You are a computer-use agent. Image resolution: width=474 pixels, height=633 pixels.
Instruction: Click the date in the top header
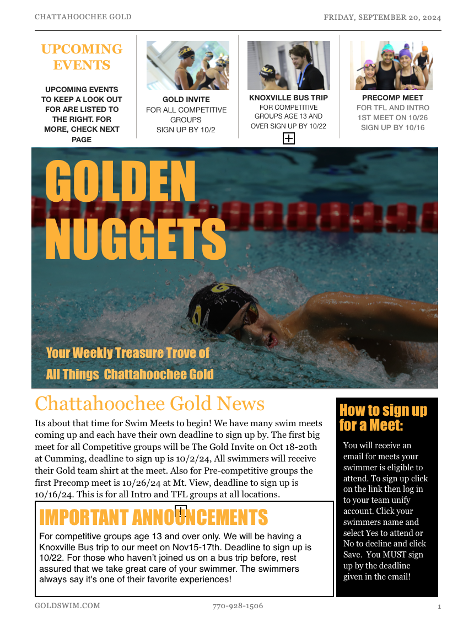click(x=382, y=17)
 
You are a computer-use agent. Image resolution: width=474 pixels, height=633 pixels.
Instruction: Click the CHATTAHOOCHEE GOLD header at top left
click(x=83, y=17)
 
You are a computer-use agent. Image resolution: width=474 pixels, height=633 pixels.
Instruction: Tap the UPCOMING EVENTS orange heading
click(x=82, y=57)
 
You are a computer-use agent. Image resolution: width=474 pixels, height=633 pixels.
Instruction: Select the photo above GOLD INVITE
click(x=187, y=65)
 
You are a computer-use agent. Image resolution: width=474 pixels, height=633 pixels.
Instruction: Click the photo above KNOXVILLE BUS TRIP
click(x=288, y=65)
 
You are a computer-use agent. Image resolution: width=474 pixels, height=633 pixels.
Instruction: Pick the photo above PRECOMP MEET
click(x=391, y=65)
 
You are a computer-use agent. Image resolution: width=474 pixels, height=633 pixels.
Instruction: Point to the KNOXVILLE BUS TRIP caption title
click(x=288, y=98)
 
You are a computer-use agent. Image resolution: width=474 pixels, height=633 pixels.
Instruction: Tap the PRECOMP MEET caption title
click(x=392, y=98)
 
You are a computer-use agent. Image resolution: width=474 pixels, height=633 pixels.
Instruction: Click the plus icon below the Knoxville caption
click(x=288, y=138)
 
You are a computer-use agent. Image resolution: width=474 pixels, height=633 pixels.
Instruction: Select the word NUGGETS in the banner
click(x=136, y=240)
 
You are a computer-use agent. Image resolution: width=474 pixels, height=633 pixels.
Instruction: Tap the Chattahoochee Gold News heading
click(x=149, y=404)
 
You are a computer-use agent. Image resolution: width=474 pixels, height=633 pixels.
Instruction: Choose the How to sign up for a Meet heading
click(x=383, y=417)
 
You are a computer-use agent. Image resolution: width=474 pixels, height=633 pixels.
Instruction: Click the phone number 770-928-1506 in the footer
click(x=238, y=606)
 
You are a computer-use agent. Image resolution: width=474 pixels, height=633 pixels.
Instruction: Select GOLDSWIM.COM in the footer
click(x=67, y=605)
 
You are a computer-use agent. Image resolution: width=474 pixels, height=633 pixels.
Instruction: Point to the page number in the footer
click(x=439, y=607)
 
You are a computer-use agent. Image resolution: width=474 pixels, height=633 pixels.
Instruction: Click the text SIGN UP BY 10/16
click(x=392, y=127)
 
